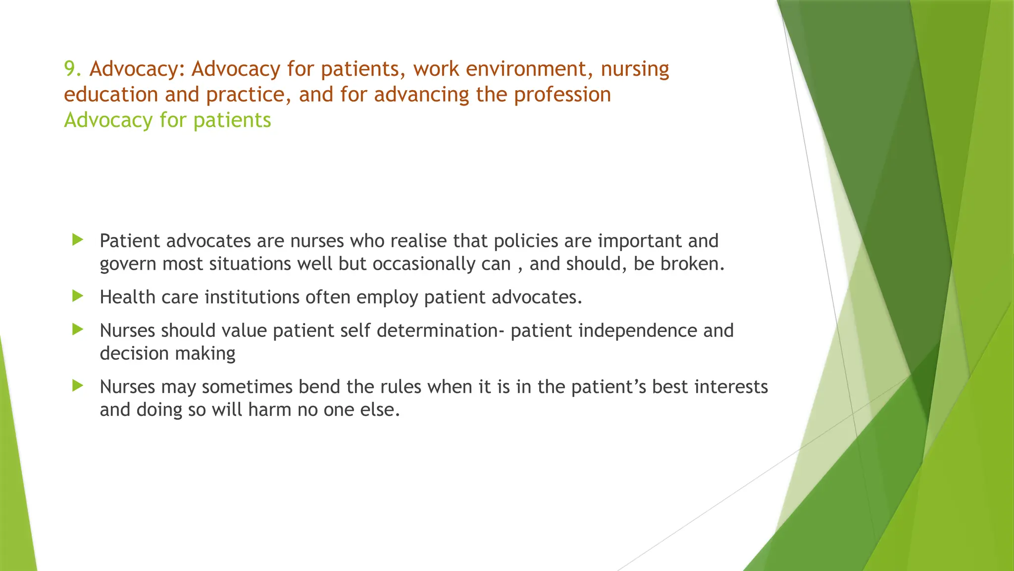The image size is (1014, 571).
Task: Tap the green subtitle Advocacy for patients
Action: (x=167, y=120)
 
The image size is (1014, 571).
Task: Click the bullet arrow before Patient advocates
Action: (x=78, y=240)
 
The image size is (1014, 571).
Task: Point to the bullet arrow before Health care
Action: (x=78, y=296)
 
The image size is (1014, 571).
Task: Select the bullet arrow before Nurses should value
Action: (x=78, y=330)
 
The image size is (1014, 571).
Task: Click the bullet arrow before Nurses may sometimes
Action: (x=78, y=386)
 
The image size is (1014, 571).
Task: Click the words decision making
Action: (x=167, y=354)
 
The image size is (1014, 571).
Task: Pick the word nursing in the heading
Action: (x=635, y=69)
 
